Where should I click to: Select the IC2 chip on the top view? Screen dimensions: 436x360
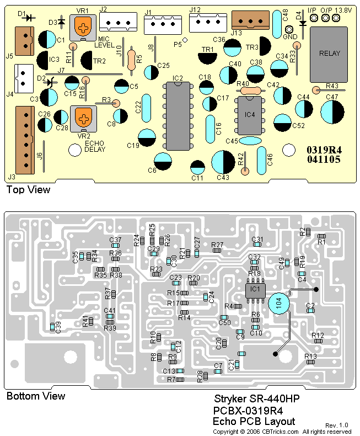click(177, 116)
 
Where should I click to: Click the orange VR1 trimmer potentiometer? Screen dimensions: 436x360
click(82, 25)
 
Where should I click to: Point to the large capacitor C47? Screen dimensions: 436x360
click(332, 113)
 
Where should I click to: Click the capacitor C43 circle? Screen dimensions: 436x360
click(223, 163)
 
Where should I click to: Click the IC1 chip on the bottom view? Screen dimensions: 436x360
click(255, 289)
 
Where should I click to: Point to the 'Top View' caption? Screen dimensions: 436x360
click(28, 190)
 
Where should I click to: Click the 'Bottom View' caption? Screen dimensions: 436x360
click(35, 396)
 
